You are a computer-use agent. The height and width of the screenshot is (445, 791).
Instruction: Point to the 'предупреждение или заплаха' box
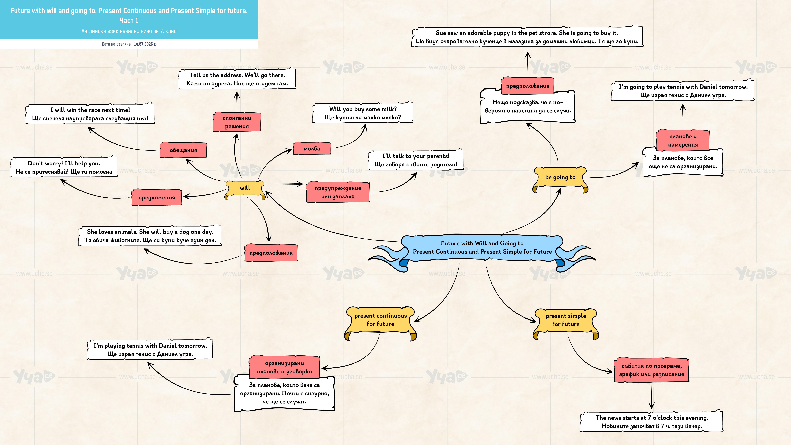pyautogui.click(x=338, y=192)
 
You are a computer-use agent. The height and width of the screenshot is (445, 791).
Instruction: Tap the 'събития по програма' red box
pyautogui.click(x=652, y=370)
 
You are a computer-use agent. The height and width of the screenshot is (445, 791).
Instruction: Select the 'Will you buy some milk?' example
pyautogui.click(x=363, y=113)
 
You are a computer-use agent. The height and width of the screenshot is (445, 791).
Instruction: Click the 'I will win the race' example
pyautogui.click(x=90, y=114)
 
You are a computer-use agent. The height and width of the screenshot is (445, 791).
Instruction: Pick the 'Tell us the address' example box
pyautogui.click(x=237, y=79)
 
